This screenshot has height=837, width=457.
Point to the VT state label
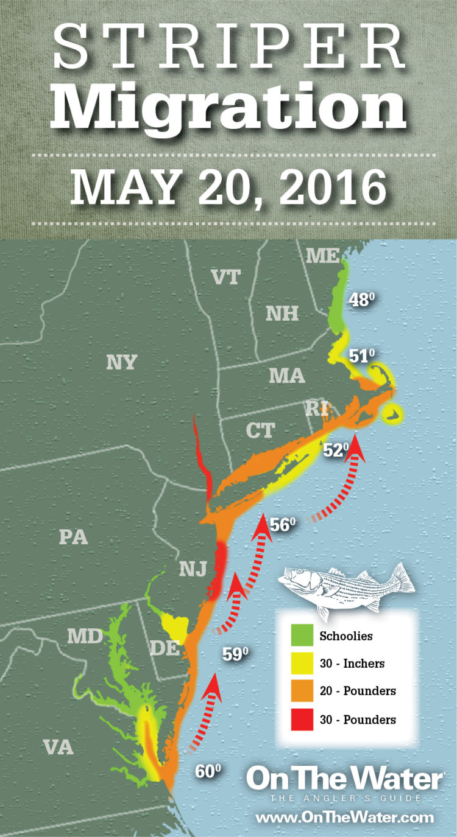click(225, 277)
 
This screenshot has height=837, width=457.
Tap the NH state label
click(282, 313)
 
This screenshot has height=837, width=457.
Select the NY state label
click(121, 362)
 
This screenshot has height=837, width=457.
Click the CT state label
click(260, 430)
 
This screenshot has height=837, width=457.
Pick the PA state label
click(74, 537)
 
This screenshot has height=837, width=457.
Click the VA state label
click(58, 747)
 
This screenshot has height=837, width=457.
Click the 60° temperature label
click(207, 771)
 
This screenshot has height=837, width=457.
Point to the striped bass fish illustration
click(345, 586)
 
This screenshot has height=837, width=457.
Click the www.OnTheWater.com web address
click(344, 817)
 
